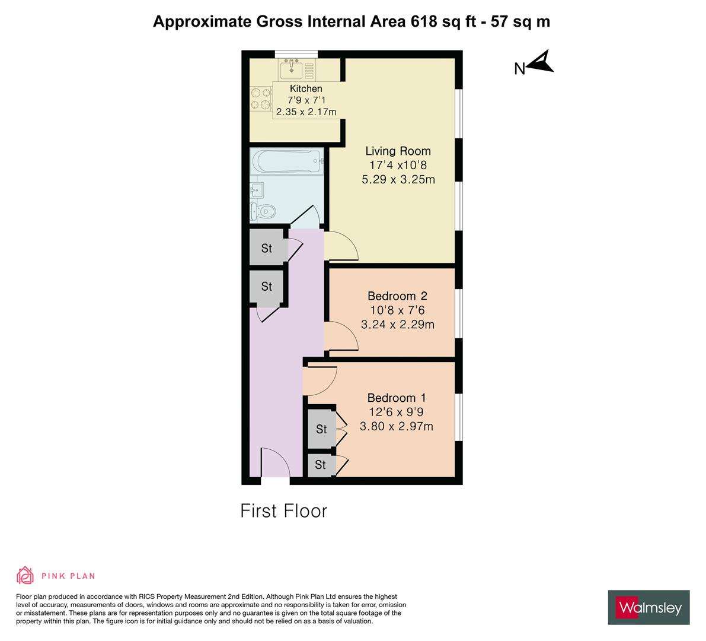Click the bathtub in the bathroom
tap(287, 161)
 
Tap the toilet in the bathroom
tap(263, 211)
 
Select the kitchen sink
tap(291, 69)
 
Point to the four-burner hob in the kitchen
tap(261, 99)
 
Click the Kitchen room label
tap(306, 89)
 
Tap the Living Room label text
tap(398, 151)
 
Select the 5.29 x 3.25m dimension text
tap(398, 179)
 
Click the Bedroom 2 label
tap(398, 296)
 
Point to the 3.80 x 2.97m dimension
tap(397, 426)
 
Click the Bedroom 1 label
tap(397, 398)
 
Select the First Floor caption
tap(284, 511)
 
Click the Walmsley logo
tap(649, 607)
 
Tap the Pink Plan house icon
tap(25, 575)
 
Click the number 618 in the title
tap(424, 21)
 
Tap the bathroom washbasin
tap(257, 190)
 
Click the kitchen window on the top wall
tap(296, 54)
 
